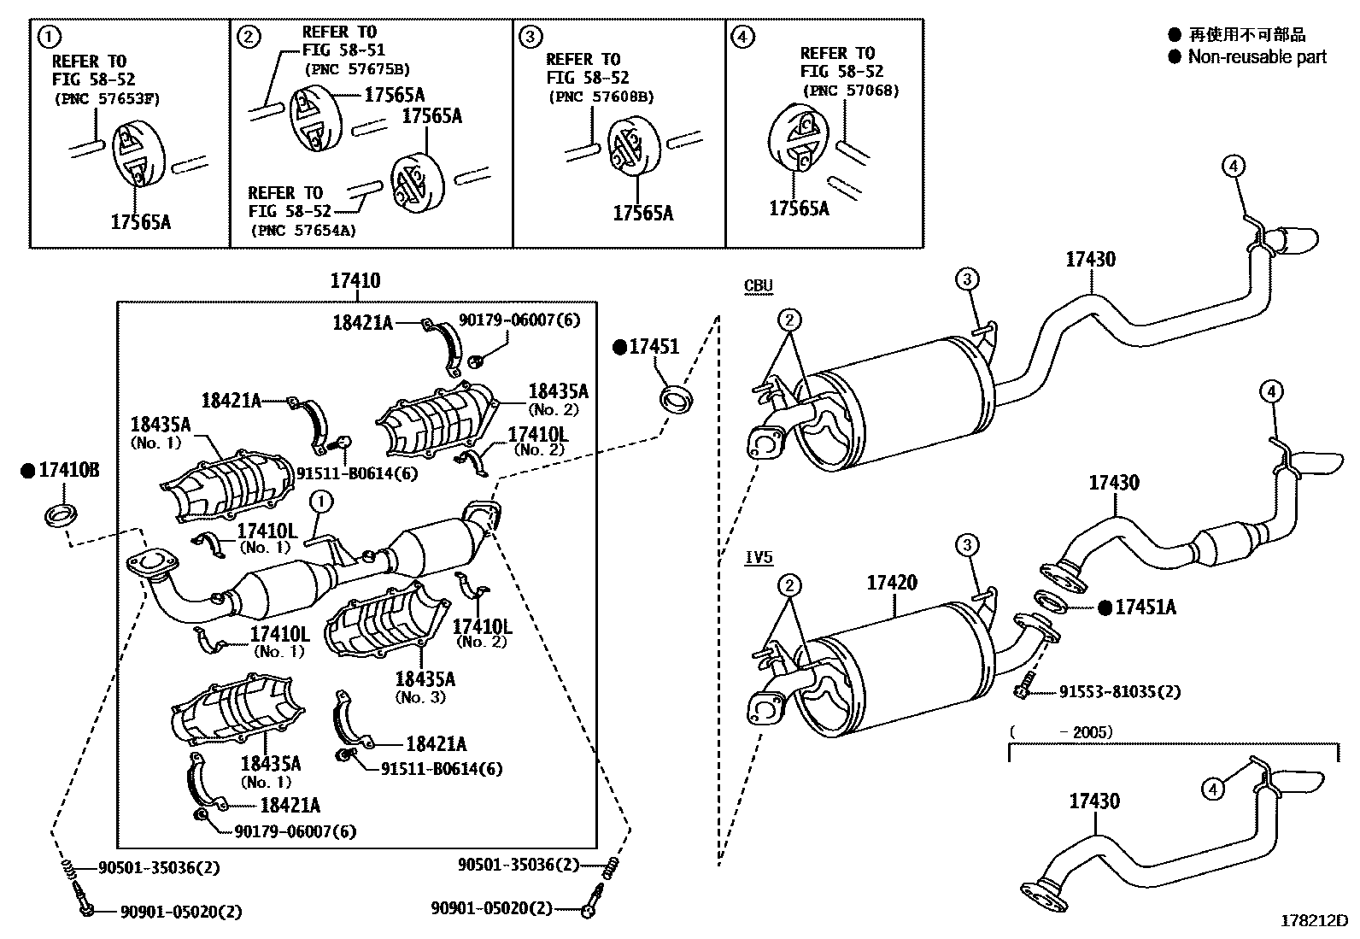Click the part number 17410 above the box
pyautogui.click(x=355, y=280)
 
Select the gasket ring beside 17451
pyautogui.click(x=677, y=396)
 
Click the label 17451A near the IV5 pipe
pyautogui.click(x=1146, y=607)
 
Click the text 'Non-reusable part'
pyautogui.click(x=1257, y=57)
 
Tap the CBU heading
pyautogui.click(x=758, y=286)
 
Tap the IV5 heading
pyautogui.click(x=758, y=558)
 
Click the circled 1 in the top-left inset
pyautogui.click(x=50, y=37)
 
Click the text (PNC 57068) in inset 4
pyautogui.click(x=849, y=91)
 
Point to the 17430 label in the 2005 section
pyautogui.click(x=1094, y=801)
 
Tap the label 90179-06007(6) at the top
pyautogui.click(x=519, y=320)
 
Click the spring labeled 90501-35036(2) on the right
pyautogui.click(x=610, y=866)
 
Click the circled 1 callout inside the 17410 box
pyautogui.click(x=320, y=501)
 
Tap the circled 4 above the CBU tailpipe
pyautogui.click(x=1234, y=167)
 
